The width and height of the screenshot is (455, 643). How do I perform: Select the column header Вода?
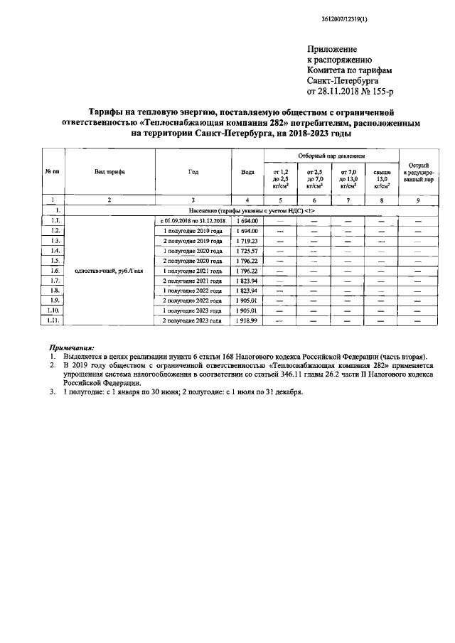click(x=247, y=171)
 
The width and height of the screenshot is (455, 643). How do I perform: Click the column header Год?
click(x=193, y=171)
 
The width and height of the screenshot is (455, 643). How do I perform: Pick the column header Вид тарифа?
click(x=109, y=171)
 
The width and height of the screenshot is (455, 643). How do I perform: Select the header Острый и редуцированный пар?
click(x=417, y=171)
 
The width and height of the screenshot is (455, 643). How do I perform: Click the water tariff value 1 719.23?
click(x=247, y=241)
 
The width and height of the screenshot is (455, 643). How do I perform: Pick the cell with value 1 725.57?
click(x=247, y=251)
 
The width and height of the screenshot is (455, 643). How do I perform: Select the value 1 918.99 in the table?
click(x=247, y=321)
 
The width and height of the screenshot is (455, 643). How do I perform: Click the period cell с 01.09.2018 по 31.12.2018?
click(x=193, y=221)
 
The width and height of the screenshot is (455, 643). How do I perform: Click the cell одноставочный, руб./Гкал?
click(x=109, y=271)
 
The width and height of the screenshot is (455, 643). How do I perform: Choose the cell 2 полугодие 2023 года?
click(x=193, y=321)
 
